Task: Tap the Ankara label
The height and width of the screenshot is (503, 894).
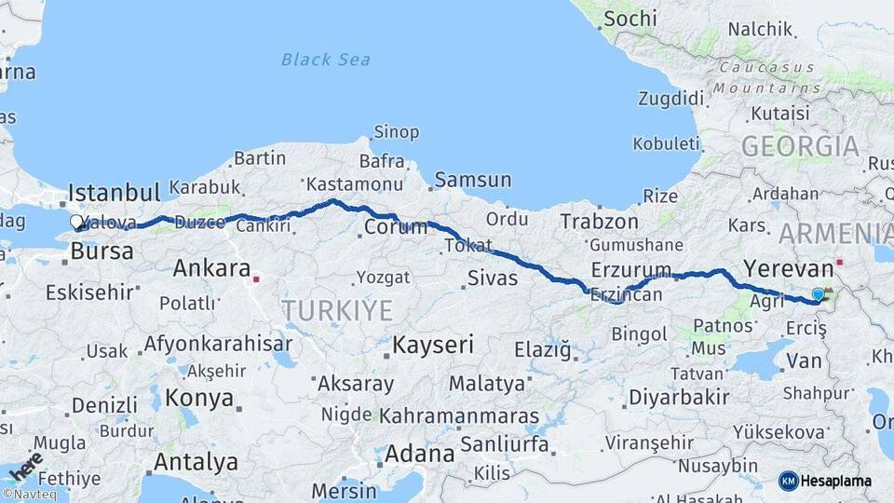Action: pyautogui.click(x=211, y=269)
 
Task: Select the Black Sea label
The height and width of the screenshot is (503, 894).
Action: pyautogui.click(x=325, y=60)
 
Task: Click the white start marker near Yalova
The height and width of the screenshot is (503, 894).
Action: pyautogui.click(x=77, y=222)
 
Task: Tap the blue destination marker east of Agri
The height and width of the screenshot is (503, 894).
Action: pyautogui.click(x=818, y=294)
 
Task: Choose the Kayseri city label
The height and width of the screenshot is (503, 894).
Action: pyautogui.click(x=433, y=345)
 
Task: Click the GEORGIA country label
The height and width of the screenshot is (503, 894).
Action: pyautogui.click(x=800, y=146)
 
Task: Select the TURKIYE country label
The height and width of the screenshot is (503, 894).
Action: pyautogui.click(x=337, y=310)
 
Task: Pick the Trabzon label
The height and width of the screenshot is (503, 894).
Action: pyautogui.click(x=599, y=222)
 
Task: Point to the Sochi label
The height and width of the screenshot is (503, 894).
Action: pyautogui.click(x=630, y=18)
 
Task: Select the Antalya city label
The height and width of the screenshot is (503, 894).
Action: pyautogui.click(x=196, y=461)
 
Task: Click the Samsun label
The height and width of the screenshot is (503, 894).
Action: pyautogui.click(x=472, y=180)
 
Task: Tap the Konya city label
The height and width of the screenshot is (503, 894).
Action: pyautogui.click(x=199, y=398)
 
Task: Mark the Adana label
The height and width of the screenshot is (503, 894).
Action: pyautogui.click(x=419, y=454)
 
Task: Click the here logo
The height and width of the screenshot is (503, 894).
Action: pyautogui.click(x=27, y=463)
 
